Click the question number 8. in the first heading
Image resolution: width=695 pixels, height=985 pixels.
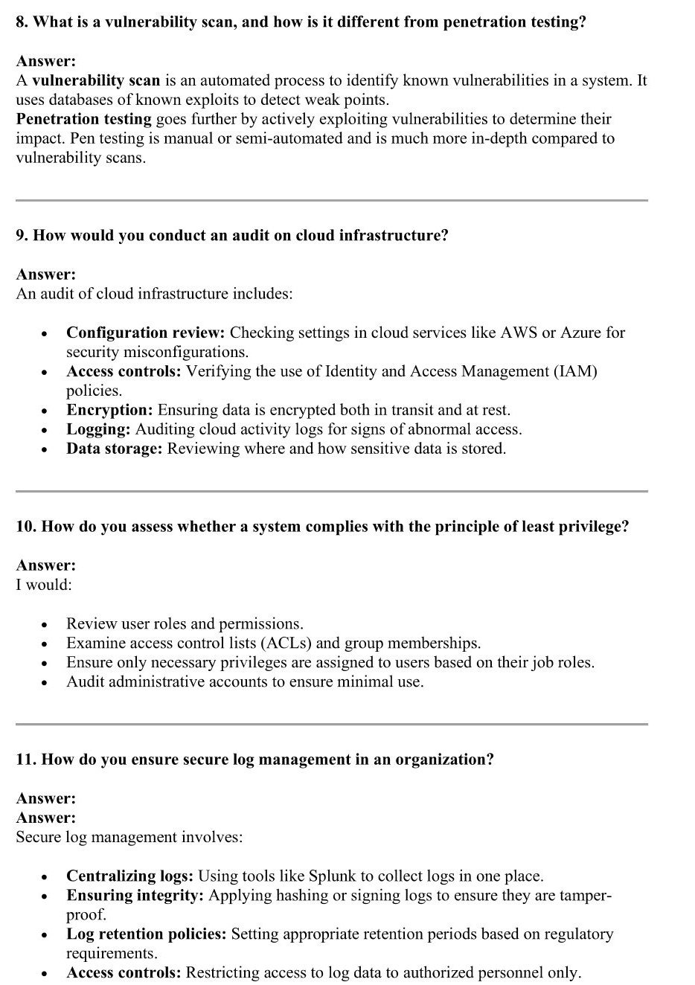22,22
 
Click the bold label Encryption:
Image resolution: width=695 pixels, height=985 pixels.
109,410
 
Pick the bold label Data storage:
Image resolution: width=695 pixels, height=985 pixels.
114,449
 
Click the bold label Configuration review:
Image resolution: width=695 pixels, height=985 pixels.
145,333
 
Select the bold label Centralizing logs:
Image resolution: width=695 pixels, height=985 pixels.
129,876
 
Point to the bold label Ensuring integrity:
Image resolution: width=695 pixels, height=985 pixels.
135,895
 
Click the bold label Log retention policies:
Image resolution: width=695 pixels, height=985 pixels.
146,934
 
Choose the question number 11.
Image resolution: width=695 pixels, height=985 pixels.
26,760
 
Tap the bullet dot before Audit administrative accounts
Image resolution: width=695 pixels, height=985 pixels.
45,682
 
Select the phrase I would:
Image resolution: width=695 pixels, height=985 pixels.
44,585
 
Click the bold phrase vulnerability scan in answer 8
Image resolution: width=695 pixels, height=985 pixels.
96,80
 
